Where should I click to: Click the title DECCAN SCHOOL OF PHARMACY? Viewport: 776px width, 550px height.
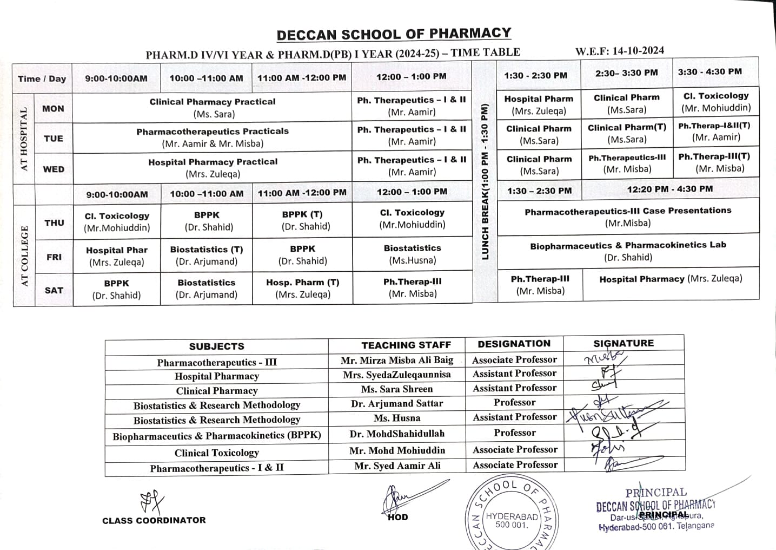[394, 34]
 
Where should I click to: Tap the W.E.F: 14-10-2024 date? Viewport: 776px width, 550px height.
[620, 51]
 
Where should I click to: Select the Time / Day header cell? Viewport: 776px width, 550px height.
[42, 78]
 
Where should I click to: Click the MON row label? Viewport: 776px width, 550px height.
[53, 108]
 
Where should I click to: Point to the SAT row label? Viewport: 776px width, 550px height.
[54, 290]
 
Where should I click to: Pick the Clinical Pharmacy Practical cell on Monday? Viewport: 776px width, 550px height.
[213, 107]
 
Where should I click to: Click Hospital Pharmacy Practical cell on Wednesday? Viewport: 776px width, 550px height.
[213, 168]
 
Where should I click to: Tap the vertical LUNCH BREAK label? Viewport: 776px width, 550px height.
[485, 181]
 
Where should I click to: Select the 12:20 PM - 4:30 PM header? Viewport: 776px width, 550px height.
[669, 189]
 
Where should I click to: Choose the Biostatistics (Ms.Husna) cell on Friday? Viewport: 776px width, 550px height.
[412, 254]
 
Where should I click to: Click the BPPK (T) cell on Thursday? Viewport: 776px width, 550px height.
[302, 220]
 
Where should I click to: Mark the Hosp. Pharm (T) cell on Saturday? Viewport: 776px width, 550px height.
[302, 288]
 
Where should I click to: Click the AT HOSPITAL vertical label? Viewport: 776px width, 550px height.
[24, 139]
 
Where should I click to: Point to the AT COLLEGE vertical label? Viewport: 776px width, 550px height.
[24, 256]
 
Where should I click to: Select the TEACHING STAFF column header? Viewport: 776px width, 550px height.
[406, 345]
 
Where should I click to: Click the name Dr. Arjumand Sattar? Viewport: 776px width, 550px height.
[396, 403]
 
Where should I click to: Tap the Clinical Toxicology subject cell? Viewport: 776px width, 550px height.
[216, 453]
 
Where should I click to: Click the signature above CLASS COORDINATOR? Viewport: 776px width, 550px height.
[152, 501]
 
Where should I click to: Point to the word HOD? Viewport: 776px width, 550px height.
[397, 517]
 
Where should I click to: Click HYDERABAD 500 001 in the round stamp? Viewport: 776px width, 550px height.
[512, 520]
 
